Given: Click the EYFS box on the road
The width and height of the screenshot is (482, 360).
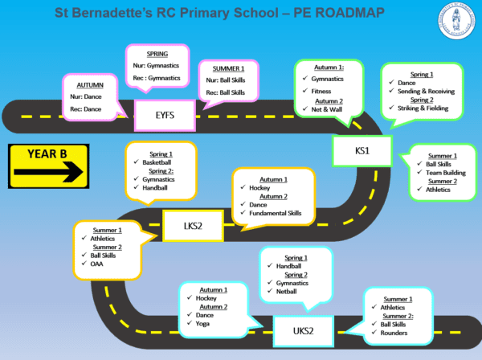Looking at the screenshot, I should (165, 116).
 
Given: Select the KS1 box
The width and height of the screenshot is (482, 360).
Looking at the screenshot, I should (361, 150).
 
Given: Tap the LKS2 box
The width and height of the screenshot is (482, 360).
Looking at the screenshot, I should (194, 226).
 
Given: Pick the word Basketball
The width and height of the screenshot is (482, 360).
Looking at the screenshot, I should (149, 161).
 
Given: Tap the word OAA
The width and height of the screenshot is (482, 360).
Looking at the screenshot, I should (98, 264).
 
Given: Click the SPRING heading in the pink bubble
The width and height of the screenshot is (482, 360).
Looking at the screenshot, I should (157, 53).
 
